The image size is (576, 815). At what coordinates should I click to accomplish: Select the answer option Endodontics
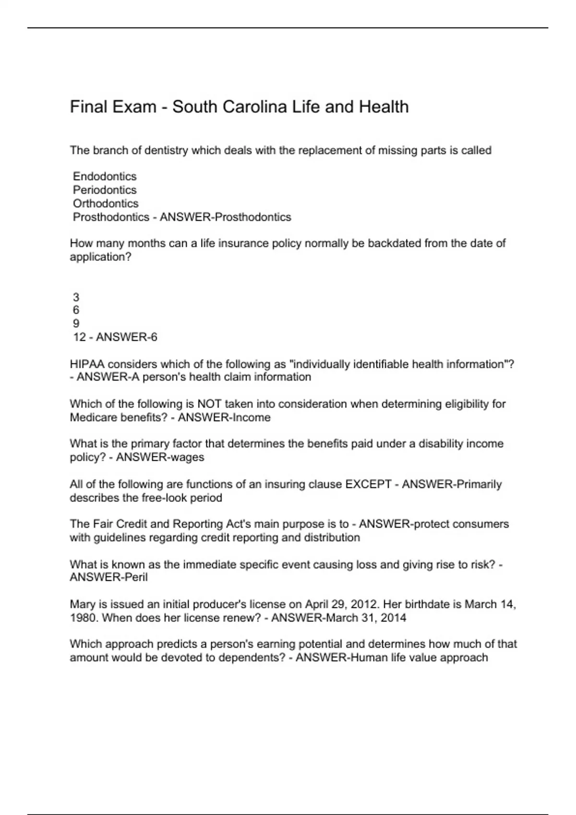pyautogui.click(x=105, y=176)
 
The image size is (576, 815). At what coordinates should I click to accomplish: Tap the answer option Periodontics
pyautogui.click(x=105, y=190)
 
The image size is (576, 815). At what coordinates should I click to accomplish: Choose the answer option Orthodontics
pyautogui.click(x=106, y=203)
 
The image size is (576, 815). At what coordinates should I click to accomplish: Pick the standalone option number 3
pyautogui.click(x=76, y=297)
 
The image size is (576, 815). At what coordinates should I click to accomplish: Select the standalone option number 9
pyautogui.click(x=76, y=324)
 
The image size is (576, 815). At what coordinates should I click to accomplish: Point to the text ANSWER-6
pyautogui.click(x=126, y=338)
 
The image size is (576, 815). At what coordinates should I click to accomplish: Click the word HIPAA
pyautogui.click(x=87, y=364)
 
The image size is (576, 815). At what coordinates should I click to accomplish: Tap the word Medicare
pyautogui.click(x=93, y=418)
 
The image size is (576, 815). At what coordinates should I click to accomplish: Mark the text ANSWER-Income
pyautogui.click(x=224, y=418)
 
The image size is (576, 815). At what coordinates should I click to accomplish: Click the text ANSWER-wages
pyautogui.click(x=160, y=457)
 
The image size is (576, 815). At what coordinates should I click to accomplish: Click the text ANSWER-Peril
pyautogui.click(x=108, y=577)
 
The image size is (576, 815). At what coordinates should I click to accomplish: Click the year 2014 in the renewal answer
pyautogui.click(x=393, y=617)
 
